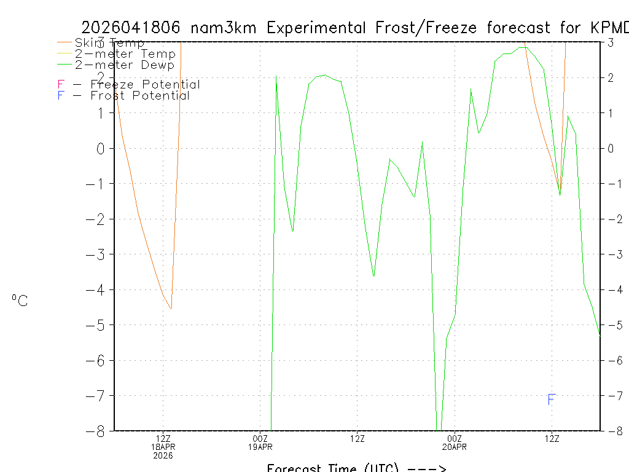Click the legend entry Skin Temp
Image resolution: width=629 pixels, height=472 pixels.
(x=109, y=43)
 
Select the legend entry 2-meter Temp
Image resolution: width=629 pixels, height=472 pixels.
(x=125, y=54)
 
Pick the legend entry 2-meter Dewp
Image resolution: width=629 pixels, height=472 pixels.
(x=124, y=65)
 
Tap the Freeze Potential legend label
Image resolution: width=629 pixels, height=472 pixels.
(x=145, y=85)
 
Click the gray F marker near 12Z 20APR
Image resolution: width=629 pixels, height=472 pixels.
(x=552, y=400)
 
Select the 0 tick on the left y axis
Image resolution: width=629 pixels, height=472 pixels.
(x=103, y=148)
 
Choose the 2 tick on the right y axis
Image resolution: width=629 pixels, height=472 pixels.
(x=611, y=77)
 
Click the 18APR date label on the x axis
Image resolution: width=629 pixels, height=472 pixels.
(x=163, y=447)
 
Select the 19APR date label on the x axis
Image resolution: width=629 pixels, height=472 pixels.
(x=260, y=447)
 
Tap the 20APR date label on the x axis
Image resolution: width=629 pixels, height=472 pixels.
(x=455, y=447)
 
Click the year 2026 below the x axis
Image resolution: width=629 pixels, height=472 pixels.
(x=163, y=455)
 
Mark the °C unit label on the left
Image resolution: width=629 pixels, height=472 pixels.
(x=20, y=301)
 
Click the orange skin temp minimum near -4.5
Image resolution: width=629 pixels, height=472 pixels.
(x=171, y=309)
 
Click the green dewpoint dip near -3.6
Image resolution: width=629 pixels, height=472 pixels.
(x=373, y=276)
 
